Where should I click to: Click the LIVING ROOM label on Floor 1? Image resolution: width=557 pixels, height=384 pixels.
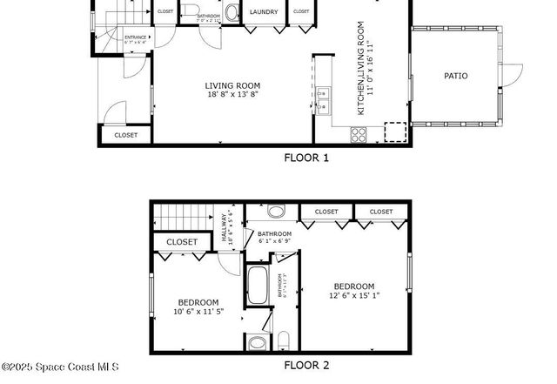pyautogui.click(x=232, y=85)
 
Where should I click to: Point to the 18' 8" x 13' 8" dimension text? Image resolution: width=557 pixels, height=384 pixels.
pyautogui.click(x=232, y=95)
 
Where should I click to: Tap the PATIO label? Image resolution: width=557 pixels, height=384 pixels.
pyautogui.click(x=455, y=76)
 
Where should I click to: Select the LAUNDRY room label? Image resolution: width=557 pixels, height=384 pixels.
pyautogui.click(x=264, y=13)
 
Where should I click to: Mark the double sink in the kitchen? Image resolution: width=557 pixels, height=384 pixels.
pyautogui.click(x=322, y=101)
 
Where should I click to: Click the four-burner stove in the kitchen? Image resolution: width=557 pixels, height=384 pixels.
pyautogui.click(x=358, y=134)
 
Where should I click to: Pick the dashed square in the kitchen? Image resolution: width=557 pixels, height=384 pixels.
pyautogui.click(x=396, y=132)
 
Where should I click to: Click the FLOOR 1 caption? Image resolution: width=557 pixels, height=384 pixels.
pyautogui.click(x=307, y=158)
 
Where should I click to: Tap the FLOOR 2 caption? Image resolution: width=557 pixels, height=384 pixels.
pyautogui.click(x=307, y=366)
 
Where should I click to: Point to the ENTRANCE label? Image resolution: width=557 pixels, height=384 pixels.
pyautogui.click(x=136, y=37)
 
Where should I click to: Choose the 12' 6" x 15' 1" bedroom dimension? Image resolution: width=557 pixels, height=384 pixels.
pyautogui.click(x=354, y=296)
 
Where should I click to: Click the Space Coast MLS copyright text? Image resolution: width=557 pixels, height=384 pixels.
pyautogui.click(x=60, y=367)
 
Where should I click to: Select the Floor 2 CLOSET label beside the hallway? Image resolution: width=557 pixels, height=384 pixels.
pyautogui.click(x=182, y=242)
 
